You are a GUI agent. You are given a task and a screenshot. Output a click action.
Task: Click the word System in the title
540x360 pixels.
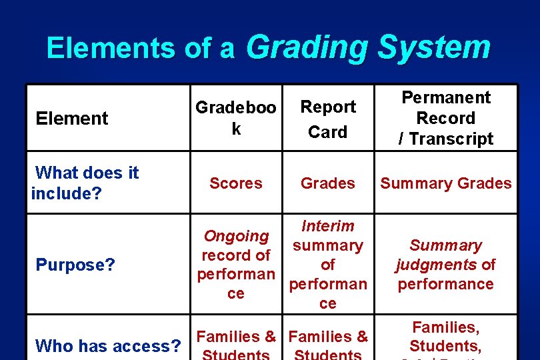tap(433, 48)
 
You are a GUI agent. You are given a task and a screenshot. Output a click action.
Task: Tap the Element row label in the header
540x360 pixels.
tap(72, 119)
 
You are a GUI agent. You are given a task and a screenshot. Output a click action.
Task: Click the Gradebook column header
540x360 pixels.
tap(235, 118)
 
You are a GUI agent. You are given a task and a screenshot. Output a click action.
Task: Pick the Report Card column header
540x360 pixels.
tap(328, 119)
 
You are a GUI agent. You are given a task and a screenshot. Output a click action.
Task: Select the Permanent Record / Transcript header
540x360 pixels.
tap(445, 118)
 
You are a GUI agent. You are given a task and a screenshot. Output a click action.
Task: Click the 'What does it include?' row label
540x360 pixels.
tap(85, 183)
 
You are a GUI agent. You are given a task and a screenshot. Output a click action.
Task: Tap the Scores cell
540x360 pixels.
tap(235, 183)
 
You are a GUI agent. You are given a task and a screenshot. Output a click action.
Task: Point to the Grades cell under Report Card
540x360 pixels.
tap(328, 183)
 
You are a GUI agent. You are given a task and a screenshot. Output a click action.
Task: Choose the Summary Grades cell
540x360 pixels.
tap(445, 183)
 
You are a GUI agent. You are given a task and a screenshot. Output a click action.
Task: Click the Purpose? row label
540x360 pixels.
tap(75, 265)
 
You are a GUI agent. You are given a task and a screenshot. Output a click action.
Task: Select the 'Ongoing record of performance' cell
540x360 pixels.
tap(236, 265)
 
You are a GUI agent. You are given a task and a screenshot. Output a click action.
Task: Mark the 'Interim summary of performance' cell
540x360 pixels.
tap(328, 265)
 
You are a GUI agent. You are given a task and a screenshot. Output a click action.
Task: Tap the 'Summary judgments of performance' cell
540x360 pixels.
tap(445, 265)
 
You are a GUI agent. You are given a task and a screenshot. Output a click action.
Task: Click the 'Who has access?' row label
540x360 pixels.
tap(108, 346)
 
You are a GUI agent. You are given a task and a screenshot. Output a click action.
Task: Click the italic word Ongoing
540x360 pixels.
tap(236, 236)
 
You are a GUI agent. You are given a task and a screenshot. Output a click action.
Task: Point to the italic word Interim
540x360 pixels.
tap(328, 226)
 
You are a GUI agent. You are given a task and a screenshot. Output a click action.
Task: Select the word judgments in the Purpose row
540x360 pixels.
tap(437, 265)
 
